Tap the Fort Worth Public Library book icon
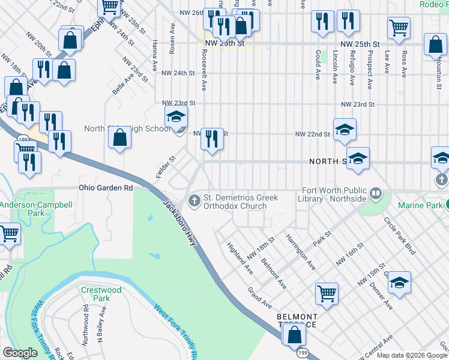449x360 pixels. (x=375, y=193)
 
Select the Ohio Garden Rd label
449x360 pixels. (x=106, y=187)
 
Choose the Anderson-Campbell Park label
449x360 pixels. (x=26, y=209)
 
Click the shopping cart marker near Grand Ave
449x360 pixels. (x=327, y=293)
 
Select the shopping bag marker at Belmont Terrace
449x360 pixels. (x=294, y=335)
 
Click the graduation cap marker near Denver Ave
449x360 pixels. (x=399, y=283)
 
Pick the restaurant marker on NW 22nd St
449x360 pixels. (x=212, y=139)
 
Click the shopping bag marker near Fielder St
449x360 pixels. (x=120, y=137)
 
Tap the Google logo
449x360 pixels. (x=20, y=353)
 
